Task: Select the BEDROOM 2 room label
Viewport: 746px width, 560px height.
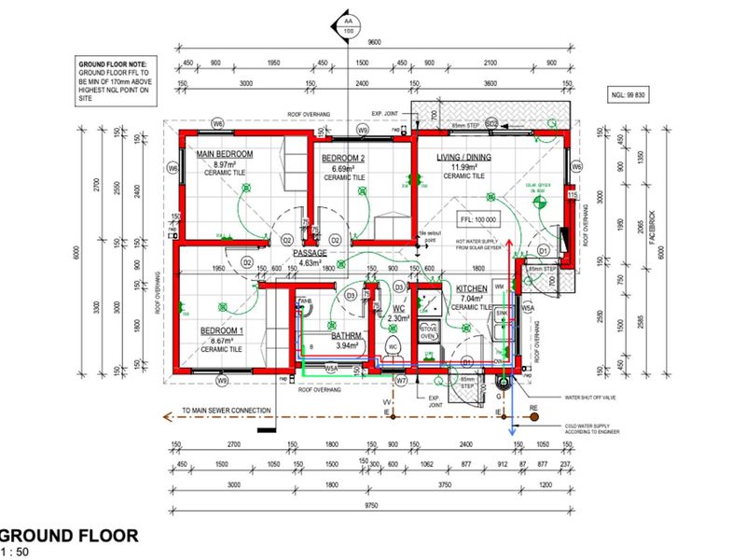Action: tap(344, 159)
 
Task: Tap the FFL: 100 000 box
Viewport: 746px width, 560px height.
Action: tap(477, 219)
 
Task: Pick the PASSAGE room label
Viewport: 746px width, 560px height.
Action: tap(310, 253)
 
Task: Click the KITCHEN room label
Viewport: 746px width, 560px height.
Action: tap(472, 289)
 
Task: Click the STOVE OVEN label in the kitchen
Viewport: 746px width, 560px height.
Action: tap(430, 332)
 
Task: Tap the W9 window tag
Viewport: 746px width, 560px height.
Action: tap(221, 381)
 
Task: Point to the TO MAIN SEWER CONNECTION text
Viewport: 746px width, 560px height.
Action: tap(227, 411)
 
